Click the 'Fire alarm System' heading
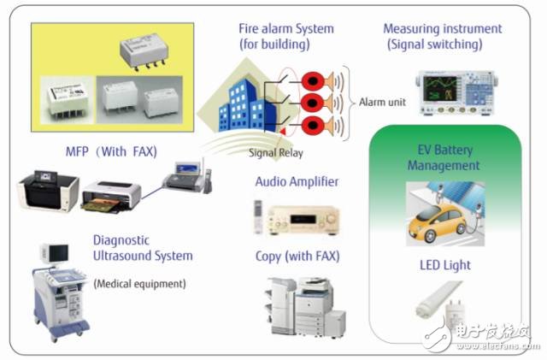pyautogui.click(x=286, y=28)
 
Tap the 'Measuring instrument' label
pyautogui.click(x=443, y=28)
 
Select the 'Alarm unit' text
pyautogui.click(x=382, y=102)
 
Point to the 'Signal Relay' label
pyautogui.click(x=275, y=152)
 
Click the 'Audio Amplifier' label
pyautogui.click(x=297, y=181)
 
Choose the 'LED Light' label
pyautogui.click(x=445, y=265)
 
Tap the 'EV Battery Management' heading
pyautogui.click(x=444, y=157)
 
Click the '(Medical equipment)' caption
pyautogui.click(x=139, y=284)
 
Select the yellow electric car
pyautogui.click(x=438, y=222)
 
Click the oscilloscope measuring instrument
pyautogui.click(x=456, y=92)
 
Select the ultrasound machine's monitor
pyautogui.click(x=55, y=253)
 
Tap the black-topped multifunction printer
pyautogui.click(x=48, y=191)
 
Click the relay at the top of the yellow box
pyautogui.click(x=144, y=51)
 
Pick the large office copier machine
pyautogui.click(x=306, y=307)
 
